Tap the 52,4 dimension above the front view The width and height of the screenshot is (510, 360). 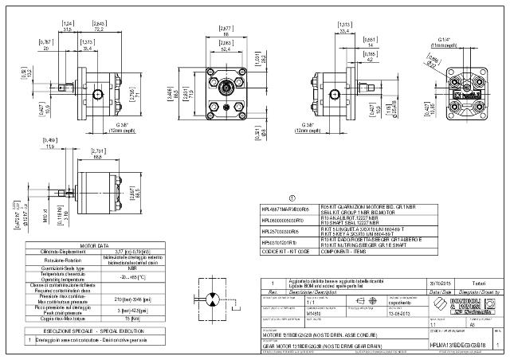click(226, 49)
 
